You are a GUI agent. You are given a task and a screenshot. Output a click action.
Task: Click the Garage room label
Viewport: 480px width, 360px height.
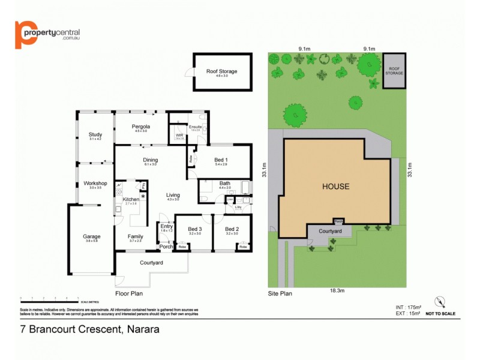click(x=92, y=236)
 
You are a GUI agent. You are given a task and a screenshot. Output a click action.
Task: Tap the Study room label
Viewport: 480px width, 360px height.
click(x=95, y=134)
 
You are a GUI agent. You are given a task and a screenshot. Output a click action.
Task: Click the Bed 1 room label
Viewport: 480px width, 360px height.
click(x=220, y=160)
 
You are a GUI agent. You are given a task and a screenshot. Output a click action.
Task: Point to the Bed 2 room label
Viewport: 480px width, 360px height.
click(x=232, y=229)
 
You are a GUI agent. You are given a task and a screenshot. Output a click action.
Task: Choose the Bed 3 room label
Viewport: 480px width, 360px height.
click(x=195, y=229)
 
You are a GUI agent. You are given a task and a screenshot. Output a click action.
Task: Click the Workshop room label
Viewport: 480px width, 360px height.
click(x=95, y=183)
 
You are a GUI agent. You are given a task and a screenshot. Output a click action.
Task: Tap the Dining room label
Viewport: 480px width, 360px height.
click(x=150, y=160)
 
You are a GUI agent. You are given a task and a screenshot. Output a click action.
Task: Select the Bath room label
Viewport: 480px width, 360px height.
click(x=224, y=184)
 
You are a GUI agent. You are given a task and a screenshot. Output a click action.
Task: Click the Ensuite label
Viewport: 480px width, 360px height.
click(x=195, y=127)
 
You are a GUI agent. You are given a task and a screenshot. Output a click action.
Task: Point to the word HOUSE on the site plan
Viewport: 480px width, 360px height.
click(x=335, y=187)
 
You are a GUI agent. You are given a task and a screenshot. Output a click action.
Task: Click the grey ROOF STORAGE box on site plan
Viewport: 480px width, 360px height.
click(x=394, y=71)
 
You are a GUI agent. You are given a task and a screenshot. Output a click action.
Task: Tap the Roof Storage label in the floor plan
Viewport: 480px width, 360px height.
click(x=221, y=71)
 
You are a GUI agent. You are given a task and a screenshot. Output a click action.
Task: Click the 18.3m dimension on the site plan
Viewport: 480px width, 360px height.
click(x=337, y=290)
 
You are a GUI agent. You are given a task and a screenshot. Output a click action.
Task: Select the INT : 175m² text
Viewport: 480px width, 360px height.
click(x=402, y=307)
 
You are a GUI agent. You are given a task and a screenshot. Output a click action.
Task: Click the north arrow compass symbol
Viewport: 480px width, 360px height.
click(x=442, y=302)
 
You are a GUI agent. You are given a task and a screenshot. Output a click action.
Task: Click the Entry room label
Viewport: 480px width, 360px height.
click(x=166, y=226)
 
